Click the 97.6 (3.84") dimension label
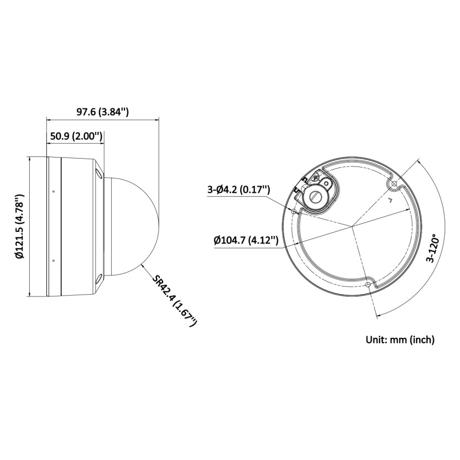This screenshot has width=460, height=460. point(102,112)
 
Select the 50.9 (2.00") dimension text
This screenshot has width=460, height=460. point(76,136)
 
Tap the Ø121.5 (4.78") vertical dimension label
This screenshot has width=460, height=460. point(20,226)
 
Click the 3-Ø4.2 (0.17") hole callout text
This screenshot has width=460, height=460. point(239,190)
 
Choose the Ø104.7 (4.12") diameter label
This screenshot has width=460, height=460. point(246,241)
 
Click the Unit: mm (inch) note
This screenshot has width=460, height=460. point(400,340)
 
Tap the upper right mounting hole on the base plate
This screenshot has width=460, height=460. point(394,184)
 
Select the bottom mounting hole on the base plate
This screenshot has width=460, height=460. point(368,285)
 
